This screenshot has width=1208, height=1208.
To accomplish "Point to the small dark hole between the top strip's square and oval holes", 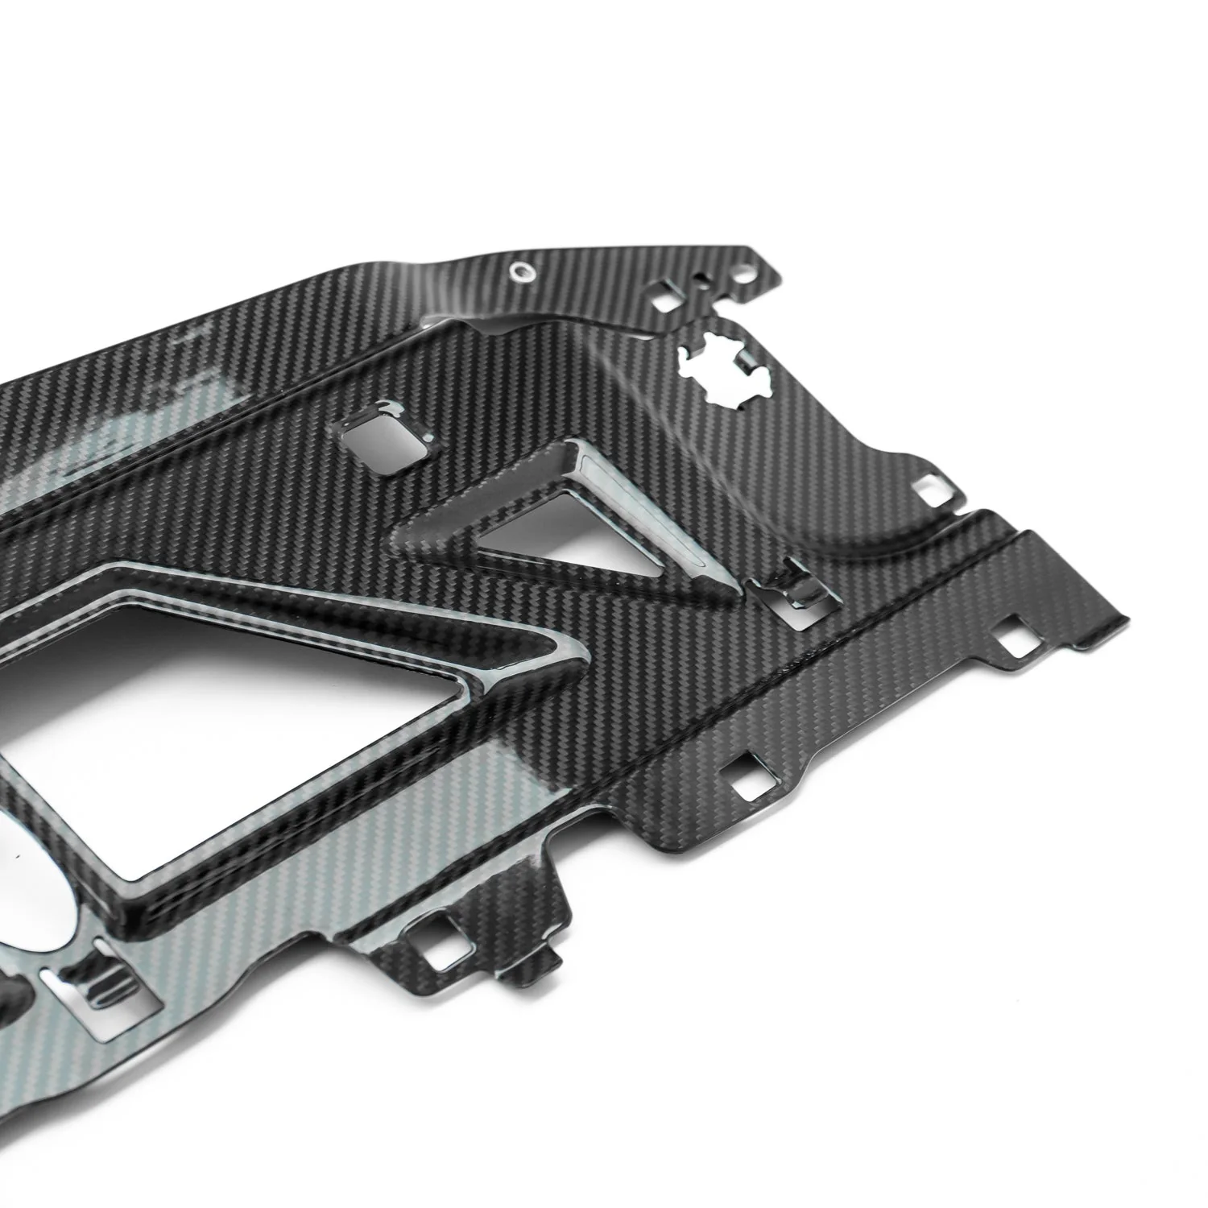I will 705,282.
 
